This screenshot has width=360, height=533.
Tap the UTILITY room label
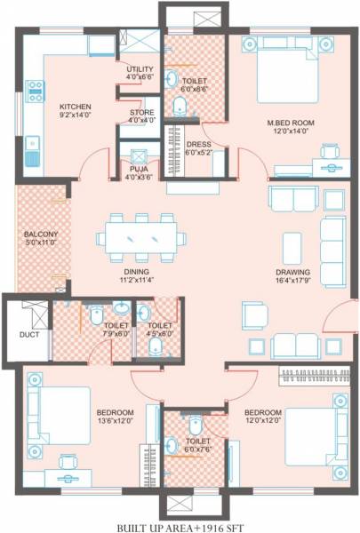click(140, 68)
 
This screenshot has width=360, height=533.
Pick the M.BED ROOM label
click(291, 122)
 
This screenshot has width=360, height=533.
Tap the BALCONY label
click(40, 235)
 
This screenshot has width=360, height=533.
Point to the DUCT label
click(28, 336)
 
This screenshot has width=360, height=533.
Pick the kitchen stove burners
click(36, 89)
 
